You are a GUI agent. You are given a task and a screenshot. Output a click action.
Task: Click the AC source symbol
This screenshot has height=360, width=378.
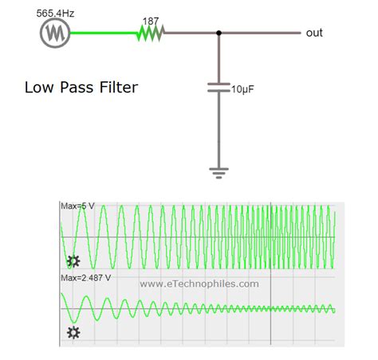click(x=54, y=33)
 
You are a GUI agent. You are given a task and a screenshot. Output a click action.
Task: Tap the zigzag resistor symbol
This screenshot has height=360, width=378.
click(x=150, y=33)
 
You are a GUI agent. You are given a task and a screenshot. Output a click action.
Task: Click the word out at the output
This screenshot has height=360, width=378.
click(x=314, y=33)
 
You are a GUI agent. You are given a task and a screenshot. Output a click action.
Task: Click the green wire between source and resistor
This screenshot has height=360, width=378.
click(x=104, y=33)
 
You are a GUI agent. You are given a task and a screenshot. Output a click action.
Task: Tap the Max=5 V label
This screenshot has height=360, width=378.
click(x=78, y=206)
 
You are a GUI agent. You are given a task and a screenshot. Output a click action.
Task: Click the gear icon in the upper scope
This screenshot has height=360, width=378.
click(x=73, y=260)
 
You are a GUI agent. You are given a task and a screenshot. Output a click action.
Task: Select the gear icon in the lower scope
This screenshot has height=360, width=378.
click(x=73, y=332)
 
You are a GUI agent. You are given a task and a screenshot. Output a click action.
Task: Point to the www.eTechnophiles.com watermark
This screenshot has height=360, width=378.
click(x=199, y=283)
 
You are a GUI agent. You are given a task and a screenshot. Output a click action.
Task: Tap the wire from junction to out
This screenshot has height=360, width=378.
click(x=259, y=33)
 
